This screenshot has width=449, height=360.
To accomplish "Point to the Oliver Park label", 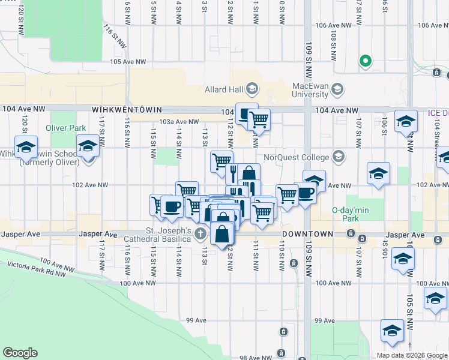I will click(64, 128).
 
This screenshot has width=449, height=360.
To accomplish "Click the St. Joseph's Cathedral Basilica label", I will click(170, 235).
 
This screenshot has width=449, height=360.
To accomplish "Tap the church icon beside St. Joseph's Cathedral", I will click(200, 233).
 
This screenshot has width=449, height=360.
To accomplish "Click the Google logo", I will click(20, 353).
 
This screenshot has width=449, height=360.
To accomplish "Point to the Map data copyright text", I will click(412, 355).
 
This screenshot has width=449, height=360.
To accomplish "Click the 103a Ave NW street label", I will click(179, 121).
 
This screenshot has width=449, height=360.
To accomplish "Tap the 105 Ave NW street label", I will click(128, 62).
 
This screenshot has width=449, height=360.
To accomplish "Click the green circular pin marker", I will click(364, 61).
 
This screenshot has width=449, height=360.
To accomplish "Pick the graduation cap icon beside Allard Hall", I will click(252, 89).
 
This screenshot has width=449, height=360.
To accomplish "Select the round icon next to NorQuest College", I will click(338, 157).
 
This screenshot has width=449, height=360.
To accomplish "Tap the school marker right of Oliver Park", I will click(88, 146).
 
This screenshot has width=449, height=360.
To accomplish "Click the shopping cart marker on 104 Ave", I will click(259, 119).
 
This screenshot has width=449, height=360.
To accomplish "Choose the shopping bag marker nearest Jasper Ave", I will click(222, 233).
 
